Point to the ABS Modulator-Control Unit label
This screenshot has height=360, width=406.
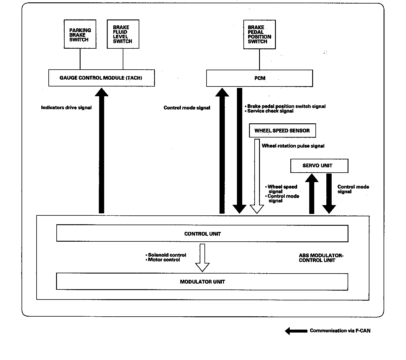(x=321, y=258)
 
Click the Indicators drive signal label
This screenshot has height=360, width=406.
(x=66, y=108)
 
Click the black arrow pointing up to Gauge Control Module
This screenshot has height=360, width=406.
(x=102, y=150)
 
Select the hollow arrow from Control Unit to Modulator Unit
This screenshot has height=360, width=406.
(x=202, y=258)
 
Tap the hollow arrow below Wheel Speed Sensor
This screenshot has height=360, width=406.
(x=257, y=176)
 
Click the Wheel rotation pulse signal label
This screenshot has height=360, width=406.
(x=293, y=146)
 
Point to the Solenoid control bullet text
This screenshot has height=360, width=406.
(x=166, y=255)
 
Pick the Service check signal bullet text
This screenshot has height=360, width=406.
(x=269, y=111)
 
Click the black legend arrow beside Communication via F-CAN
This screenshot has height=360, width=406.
(x=296, y=331)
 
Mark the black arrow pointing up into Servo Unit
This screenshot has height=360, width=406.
(x=312, y=194)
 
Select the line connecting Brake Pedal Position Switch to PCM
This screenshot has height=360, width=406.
(x=260, y=59)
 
